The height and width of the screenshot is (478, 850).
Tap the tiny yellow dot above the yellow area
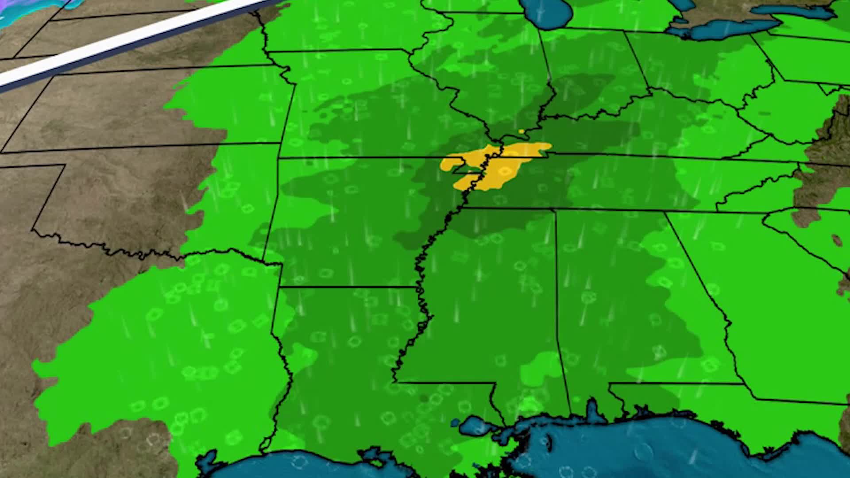(522, 131)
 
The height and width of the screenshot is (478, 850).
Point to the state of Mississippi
(487, 301)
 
